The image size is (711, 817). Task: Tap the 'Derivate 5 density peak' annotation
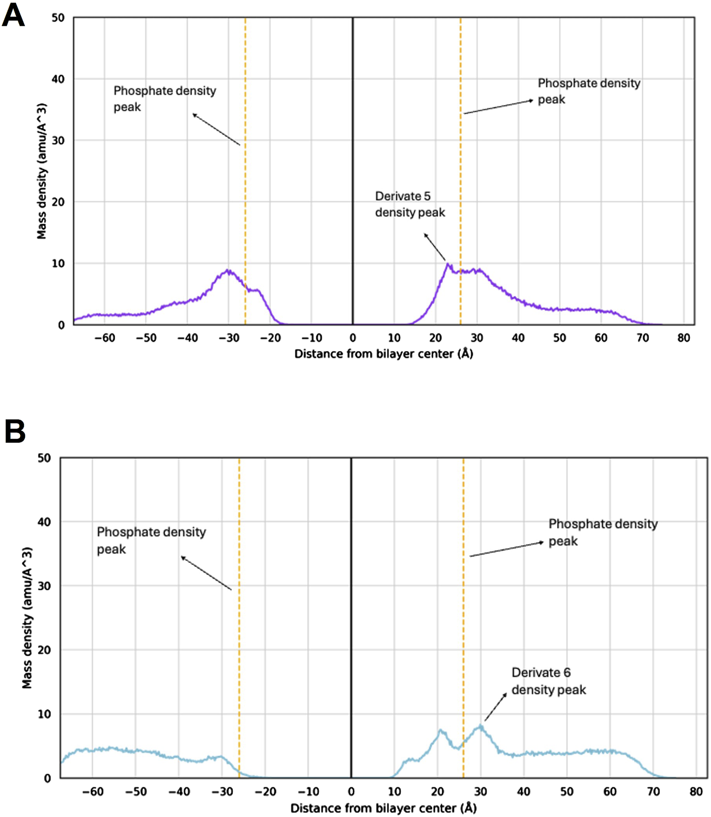[x=410, y=204]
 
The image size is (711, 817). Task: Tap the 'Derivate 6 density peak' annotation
[x=548, y=681]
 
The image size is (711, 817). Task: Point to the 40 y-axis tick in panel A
[x=58, y=79]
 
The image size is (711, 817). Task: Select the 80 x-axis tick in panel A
[x=684, y=338]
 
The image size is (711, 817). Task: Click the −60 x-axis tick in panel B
[x=93, y=792]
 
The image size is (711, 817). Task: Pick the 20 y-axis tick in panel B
[x=45, y=650]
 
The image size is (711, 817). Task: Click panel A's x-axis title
[x=384, y=354]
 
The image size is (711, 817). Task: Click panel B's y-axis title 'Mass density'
[x=27, y=618]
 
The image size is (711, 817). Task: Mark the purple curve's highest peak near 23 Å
[x=448, y=264]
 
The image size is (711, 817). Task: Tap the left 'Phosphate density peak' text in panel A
[x=164, y=99]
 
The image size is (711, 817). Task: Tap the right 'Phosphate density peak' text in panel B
[x=603, y=532]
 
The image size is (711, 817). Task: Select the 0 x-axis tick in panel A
[x=353, y=338]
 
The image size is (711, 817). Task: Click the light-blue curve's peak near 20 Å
[x=440, y=731]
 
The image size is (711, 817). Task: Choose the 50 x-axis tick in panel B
[x=567, y=792]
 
